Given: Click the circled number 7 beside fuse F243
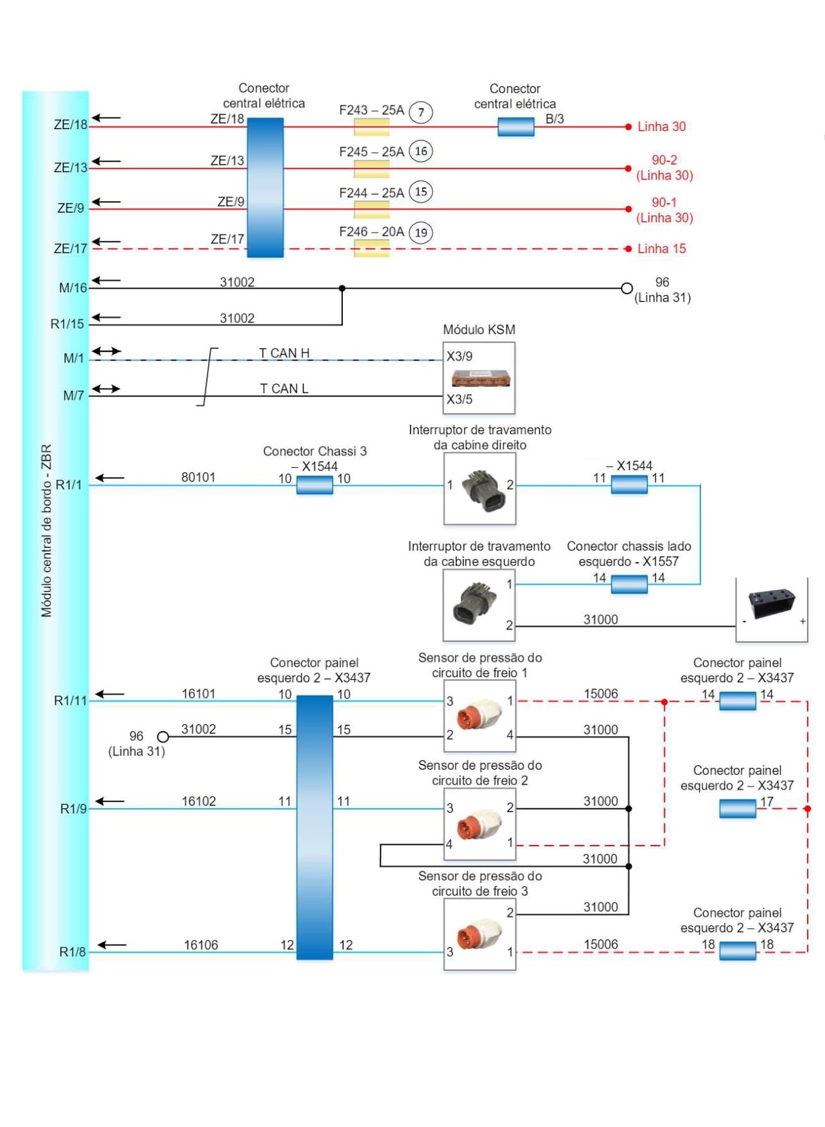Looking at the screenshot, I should pos(421,112).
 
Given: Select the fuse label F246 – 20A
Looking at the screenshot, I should pos(371,232).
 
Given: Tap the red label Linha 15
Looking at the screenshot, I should pos(661,249).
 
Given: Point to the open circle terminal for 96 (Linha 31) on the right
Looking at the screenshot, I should pos(627,288).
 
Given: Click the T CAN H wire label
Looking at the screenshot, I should pos(284,353).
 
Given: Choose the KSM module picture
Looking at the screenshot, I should pos(480,378).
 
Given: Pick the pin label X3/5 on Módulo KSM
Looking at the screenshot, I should pos(460,399).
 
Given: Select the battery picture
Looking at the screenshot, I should pos(772,605).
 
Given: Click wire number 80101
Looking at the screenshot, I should pos(198,477).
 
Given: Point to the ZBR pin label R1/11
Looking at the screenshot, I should pos(70,700).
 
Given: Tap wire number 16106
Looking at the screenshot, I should pos(201,945).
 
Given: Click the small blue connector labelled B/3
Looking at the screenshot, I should pos(516,127).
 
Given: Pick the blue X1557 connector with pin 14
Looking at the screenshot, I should pos(629,584).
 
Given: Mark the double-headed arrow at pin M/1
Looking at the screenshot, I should pos(106,351).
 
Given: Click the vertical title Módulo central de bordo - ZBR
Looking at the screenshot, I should pos(46,531).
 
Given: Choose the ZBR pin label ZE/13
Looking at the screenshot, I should pos(70,168).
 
